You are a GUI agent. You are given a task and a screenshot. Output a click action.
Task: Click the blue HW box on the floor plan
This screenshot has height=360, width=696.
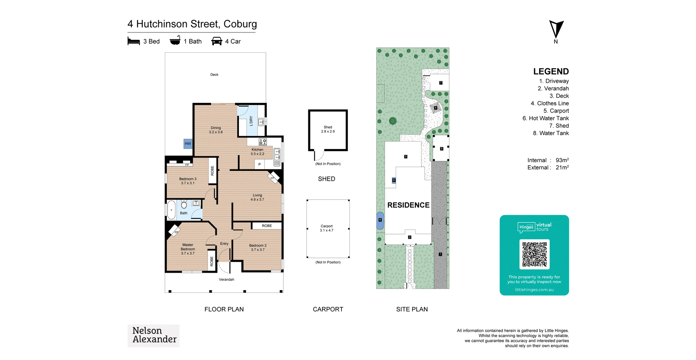click(x=188, y=143)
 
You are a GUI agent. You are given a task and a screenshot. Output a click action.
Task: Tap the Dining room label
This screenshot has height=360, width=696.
click(x=216, y=130)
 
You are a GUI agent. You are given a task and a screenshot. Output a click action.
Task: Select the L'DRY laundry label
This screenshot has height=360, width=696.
click(x=251, y=121)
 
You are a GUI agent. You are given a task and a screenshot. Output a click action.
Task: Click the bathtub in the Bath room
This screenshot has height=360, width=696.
click(x=172, y=210)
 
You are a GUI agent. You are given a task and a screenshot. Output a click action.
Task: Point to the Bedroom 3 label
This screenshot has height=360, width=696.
click(x=188, y=181)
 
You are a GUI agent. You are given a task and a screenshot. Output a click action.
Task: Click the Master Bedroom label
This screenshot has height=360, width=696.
click(x=188, y=249)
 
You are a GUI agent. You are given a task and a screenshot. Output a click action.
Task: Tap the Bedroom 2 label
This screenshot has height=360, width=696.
click(x=258, y=247)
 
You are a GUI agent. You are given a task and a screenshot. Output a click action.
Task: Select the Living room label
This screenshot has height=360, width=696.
click(x=257, y=197)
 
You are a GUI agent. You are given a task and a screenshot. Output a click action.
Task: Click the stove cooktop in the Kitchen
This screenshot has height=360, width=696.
click(x=263, y=142)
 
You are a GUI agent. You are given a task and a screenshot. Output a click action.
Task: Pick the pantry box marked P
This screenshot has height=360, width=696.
click(x=259, y=164)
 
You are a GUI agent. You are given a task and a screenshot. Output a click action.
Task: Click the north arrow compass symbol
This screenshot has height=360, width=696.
click(x=556, y=29)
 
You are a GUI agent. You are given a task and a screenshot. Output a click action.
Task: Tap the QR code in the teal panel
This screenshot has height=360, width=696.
click(x=534, y=254)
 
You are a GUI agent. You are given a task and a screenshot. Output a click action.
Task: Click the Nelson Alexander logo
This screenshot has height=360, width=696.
click(x=153, y=336)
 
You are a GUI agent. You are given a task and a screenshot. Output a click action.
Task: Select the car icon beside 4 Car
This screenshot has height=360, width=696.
click(x=217, y=41)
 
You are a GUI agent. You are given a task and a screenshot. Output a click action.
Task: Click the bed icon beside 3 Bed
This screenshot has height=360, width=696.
click(x=134, y=41)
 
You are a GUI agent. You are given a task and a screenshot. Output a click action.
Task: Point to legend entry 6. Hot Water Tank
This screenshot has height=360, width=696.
click(x=546, y=118)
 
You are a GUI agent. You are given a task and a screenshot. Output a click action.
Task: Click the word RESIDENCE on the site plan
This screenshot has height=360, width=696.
click(x=408, y=205)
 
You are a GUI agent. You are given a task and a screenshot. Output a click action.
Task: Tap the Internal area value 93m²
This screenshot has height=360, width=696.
click(x=562, y=160)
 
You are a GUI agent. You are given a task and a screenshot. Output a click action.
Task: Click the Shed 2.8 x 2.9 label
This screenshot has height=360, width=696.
click(x=328, y=129)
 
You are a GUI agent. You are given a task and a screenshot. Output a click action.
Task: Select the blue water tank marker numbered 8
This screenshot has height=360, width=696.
click(x=380, y=220)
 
